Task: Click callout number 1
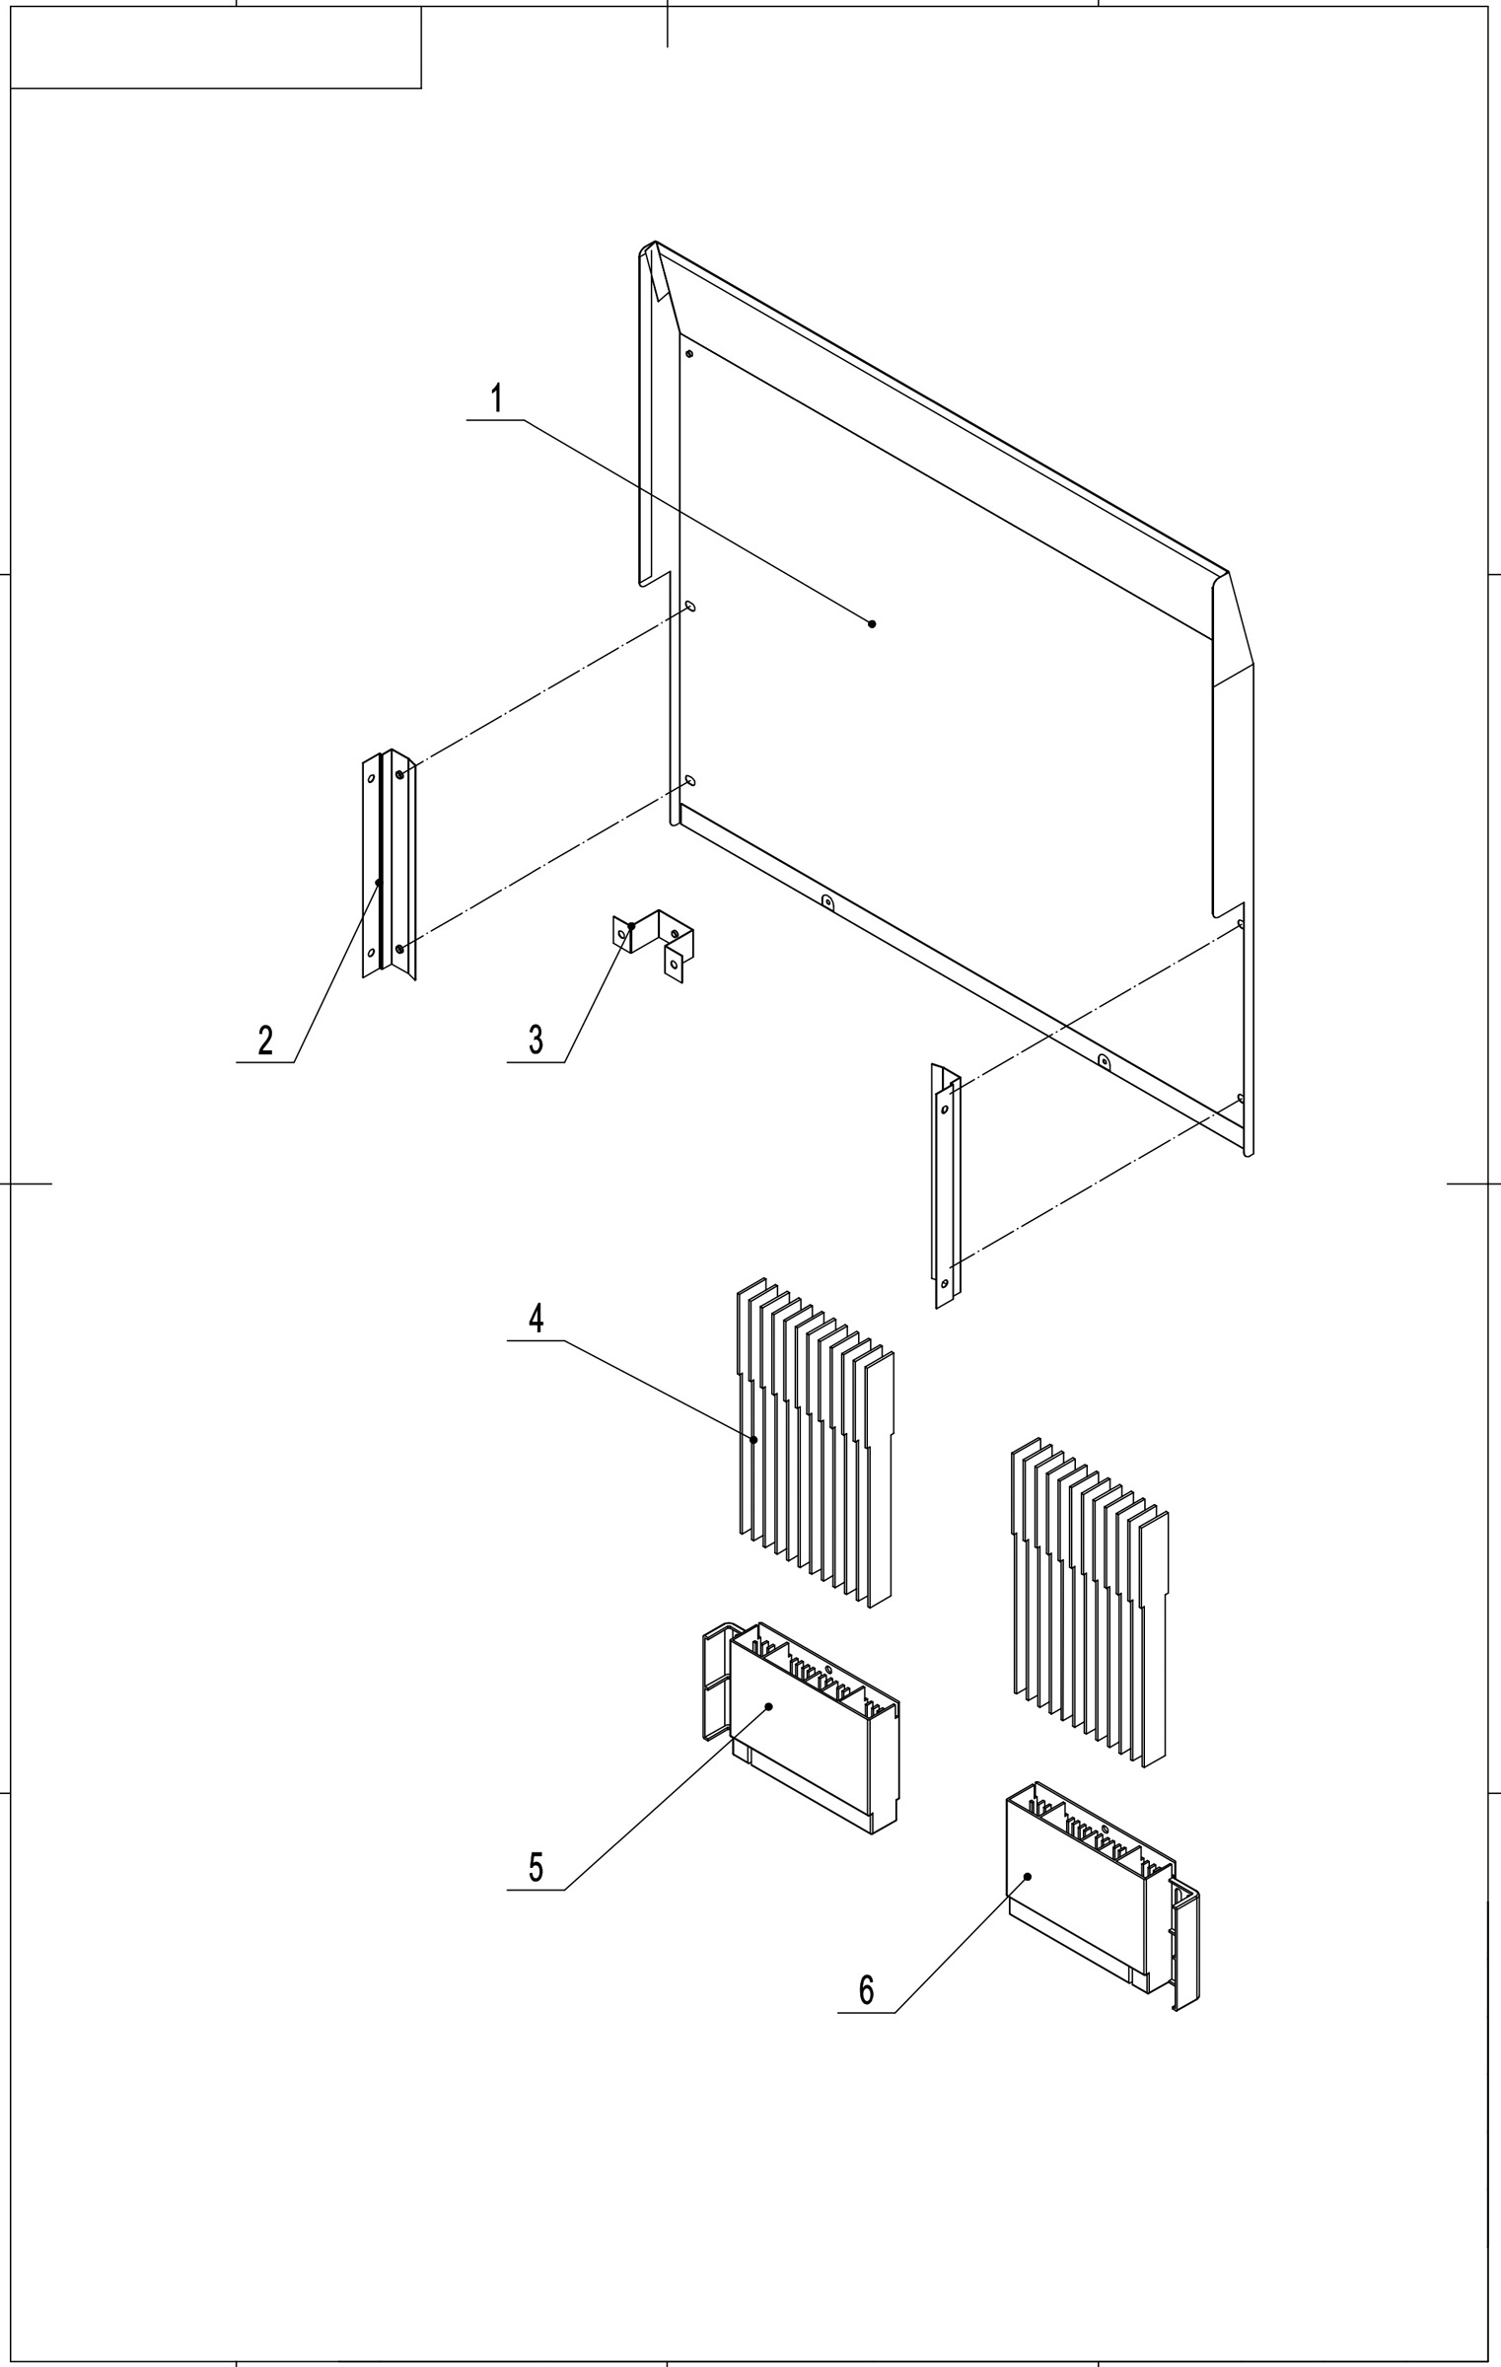pos(497,399)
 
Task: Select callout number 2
pos(265,1040)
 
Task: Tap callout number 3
pos(536,1040)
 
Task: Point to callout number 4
pos(536,1319)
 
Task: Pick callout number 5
pos(536,1867)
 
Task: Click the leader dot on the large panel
pos(872,623)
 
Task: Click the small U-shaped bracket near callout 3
pos(655,945)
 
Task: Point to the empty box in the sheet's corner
pos(216,47)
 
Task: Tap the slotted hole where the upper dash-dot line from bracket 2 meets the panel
pos(691,606)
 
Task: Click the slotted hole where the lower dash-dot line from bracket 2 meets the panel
pos(690,780)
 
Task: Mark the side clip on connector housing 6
pos(1186,1943)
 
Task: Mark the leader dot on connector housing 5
pos(769,1705)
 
